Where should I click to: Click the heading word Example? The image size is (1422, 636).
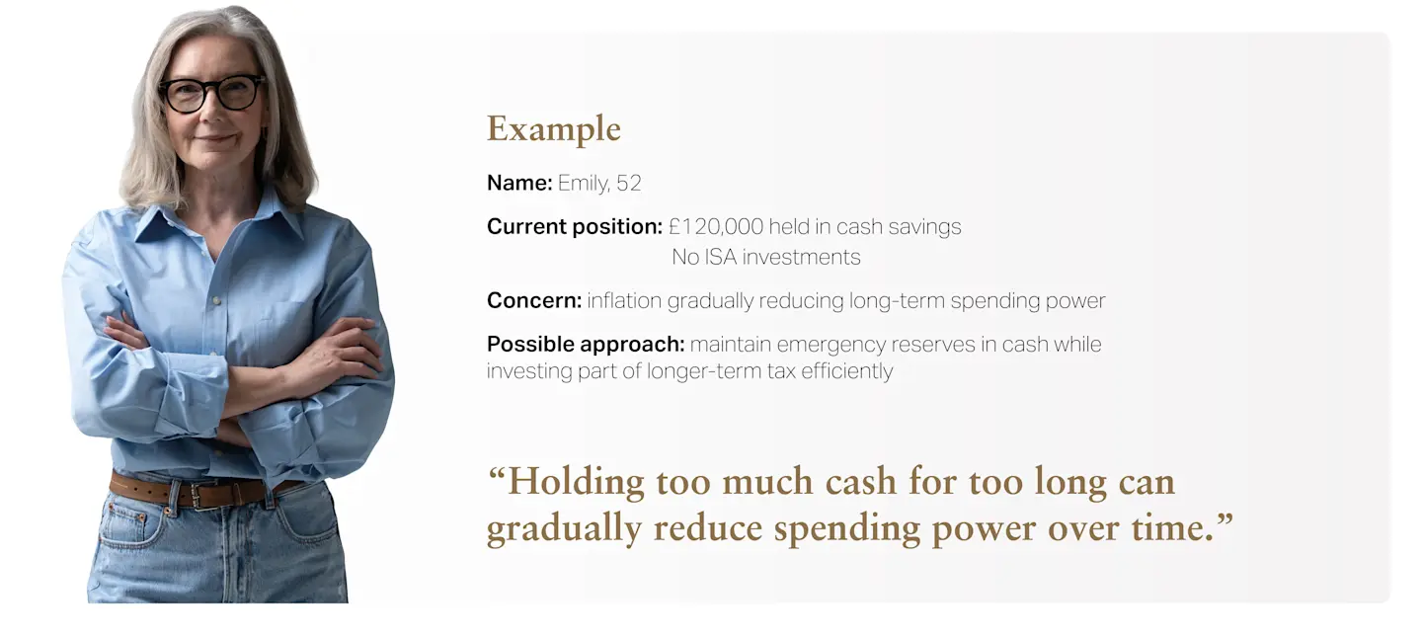pos(554,130)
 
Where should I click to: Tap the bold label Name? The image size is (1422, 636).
pos(519,183)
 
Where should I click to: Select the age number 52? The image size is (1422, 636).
pos(628,183)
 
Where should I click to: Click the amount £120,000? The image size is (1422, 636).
pos(715,226)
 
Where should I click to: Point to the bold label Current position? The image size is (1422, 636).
pos(575,226)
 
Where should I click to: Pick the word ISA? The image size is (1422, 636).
pos(721,257)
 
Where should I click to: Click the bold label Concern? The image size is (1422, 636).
pos(534,300)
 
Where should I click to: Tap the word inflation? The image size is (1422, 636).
pos(624,300)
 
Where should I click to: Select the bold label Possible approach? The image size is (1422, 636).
pos(586,344)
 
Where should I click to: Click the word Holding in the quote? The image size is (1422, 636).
pos(575,482)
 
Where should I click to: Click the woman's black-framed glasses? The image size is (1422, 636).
pos(212,93)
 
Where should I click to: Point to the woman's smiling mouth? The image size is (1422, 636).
pos(216,139)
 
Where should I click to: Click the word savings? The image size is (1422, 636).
pos(924,227)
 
